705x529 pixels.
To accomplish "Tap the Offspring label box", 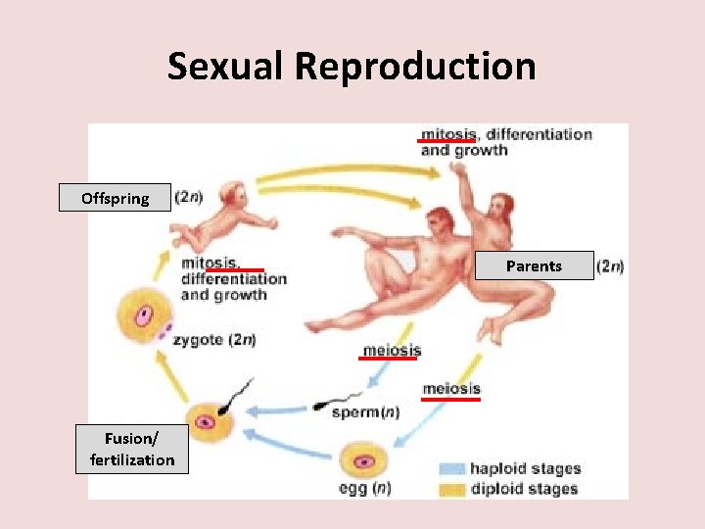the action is coord(115,198).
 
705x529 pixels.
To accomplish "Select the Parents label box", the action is coord(534,265).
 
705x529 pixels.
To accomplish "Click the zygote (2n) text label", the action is coord(214,340).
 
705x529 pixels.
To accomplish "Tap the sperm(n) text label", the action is coord(365,412).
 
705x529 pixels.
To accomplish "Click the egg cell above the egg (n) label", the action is coord(364,459).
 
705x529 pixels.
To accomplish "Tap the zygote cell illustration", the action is coord(143,317).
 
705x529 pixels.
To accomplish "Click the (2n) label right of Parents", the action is coord(610,265).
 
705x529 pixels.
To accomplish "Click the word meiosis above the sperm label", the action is coord(392,350).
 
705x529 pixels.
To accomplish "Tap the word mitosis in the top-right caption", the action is coord(447,133).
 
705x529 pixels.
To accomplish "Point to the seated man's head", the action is coord(438,221).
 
